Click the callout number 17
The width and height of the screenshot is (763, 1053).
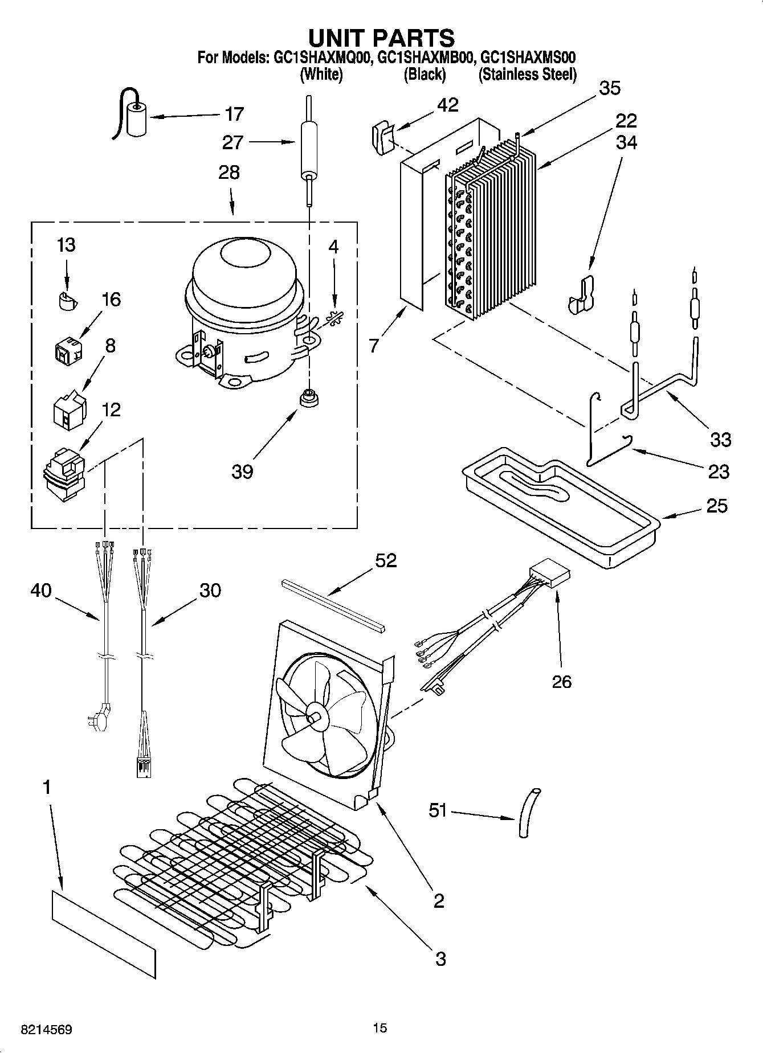234,114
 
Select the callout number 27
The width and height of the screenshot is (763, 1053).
232,142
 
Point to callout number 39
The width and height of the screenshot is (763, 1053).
242,472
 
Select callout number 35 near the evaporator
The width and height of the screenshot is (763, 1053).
610,88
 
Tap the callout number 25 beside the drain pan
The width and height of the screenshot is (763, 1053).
717,505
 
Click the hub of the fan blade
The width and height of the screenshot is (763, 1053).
314,714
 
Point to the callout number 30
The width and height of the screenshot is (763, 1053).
210,590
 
